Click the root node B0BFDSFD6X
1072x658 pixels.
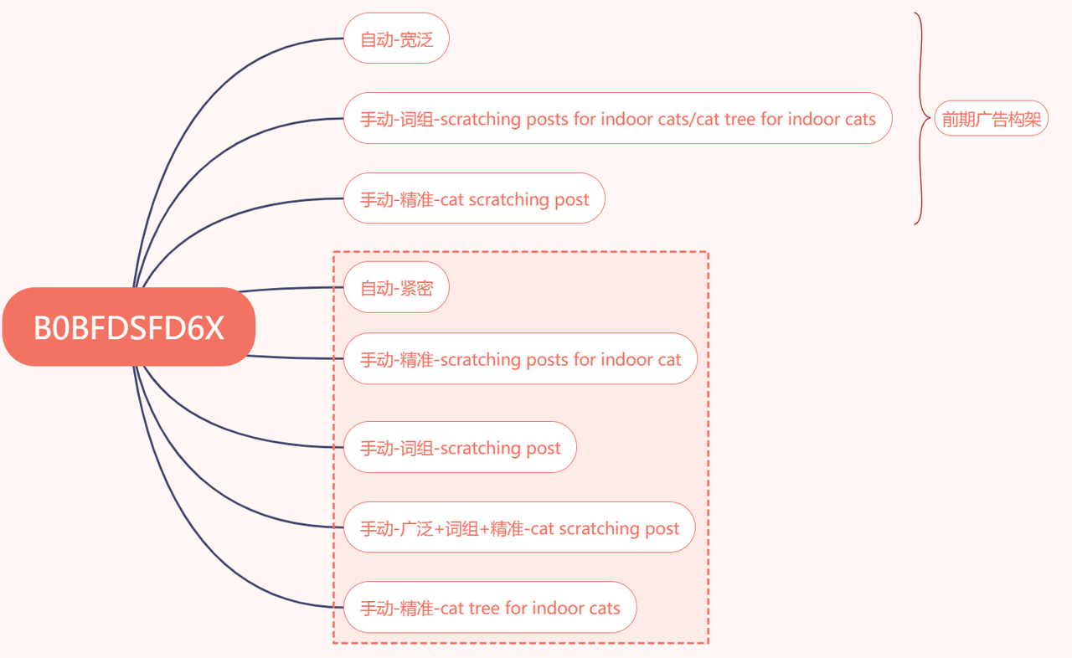click(x=129, y=327)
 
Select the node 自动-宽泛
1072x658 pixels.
click(x=396, y=39)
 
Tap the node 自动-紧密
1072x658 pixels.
click(x=396, y=287)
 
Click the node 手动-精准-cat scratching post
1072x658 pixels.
click(x=474, y=198)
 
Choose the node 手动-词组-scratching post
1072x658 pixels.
click(x=460, y=447)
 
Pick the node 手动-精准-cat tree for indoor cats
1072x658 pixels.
click(x=490, y=607)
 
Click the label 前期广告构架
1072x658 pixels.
click(x=991, y=118)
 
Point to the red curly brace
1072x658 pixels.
click(x=921, y=118)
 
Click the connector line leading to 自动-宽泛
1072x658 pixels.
click(x=201, y=100)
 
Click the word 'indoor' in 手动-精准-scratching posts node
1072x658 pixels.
click(x=624, y=360)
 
